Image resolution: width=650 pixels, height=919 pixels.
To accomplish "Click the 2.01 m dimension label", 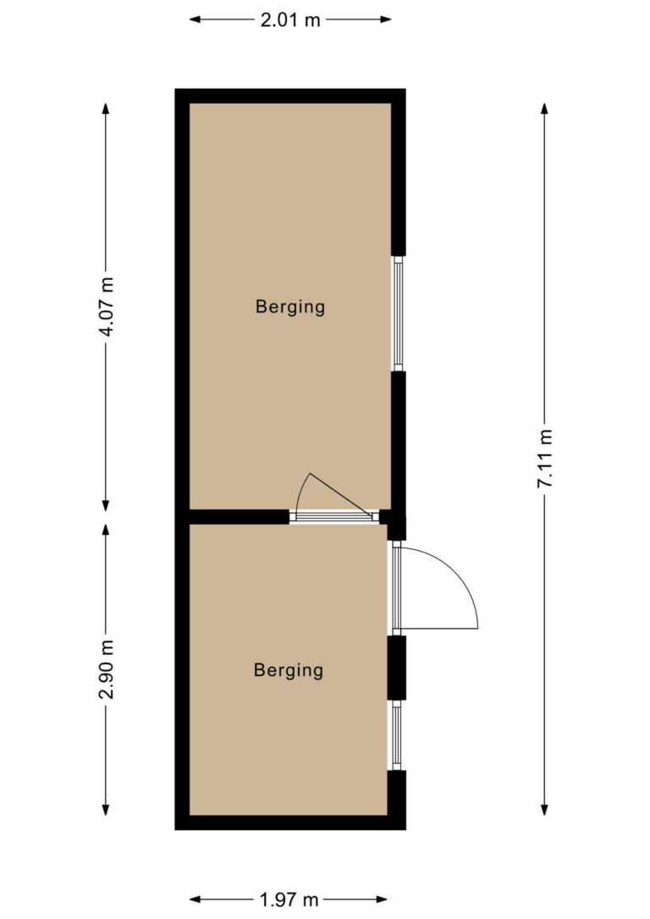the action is (290, 20).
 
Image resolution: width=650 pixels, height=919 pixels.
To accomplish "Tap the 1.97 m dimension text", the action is (289, 899).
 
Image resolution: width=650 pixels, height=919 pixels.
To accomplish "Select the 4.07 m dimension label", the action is (106, 306).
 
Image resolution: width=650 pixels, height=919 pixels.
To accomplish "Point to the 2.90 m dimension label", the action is (106, 669).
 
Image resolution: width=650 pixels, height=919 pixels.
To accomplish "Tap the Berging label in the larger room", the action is (290, 306).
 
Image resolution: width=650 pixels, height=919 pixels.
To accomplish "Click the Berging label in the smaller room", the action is (289, 670).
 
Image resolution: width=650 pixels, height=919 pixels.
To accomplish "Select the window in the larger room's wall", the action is (398, 314).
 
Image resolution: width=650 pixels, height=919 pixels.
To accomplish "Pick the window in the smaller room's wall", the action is (397, 735).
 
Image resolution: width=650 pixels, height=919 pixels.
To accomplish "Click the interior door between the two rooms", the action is (334, 516).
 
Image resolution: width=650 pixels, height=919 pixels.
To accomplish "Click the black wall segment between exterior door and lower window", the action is (397, 668).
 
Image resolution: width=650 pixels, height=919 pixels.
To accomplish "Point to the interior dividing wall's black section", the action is (240, 516).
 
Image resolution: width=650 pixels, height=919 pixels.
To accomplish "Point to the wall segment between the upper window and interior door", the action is (399, 441).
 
